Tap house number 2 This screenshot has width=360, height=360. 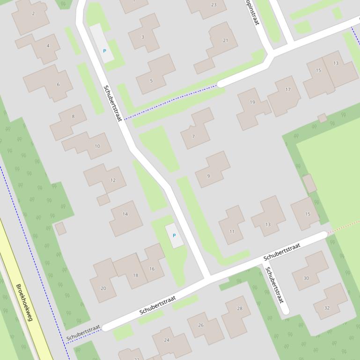pos(33,14)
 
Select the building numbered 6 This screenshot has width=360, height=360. pos(58,85)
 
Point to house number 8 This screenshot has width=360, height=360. pos(73,116)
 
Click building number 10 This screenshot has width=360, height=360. pos(97,146)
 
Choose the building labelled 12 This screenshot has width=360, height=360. pos(112,180)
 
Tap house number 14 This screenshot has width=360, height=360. pos(125,214)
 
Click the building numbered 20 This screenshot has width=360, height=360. pos(103,288)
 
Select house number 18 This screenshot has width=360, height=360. pos(135,275)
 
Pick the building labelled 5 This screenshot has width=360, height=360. pos(151,81)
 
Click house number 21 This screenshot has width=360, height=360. pos(225,40)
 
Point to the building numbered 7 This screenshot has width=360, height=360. pos(193,137)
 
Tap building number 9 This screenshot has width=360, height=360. pos(208,176)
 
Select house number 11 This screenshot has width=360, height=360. pos(232,231)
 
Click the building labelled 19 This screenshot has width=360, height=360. pos(252,102)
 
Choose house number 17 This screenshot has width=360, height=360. pos(287,89)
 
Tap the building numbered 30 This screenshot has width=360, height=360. pos(306,278)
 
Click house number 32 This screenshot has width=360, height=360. pos(327,308)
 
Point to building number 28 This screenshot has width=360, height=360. pos(240,308)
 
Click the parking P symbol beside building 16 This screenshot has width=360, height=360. pos(174,236)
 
